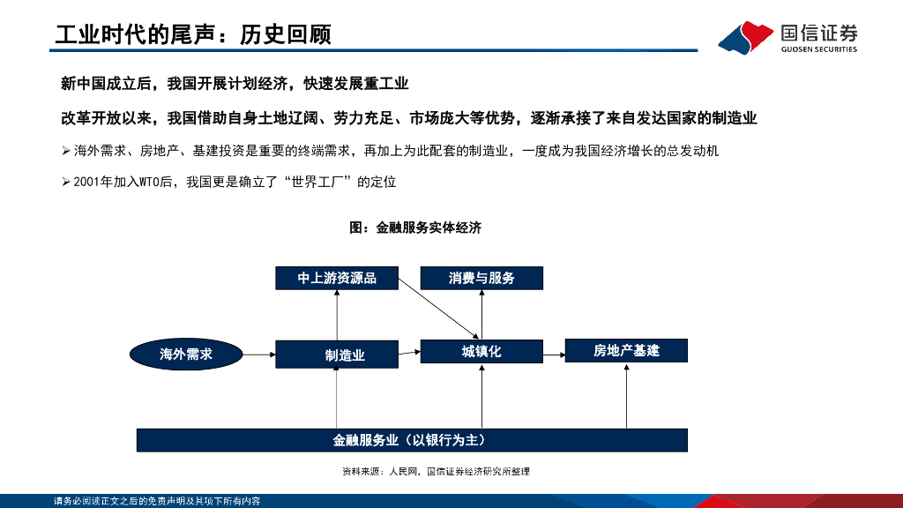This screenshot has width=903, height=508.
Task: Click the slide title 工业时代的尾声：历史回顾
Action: (193, 34)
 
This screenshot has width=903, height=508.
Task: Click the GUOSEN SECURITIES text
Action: (818, 50)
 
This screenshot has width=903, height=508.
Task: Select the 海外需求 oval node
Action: (186, 354)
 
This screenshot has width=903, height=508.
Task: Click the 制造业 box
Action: (337, 355)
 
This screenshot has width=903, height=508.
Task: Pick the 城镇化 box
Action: (481, 351)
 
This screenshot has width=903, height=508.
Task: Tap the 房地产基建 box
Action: (626, 351)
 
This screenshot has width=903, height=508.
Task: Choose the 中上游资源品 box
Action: (337, 278)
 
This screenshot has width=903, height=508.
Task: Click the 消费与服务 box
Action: (481, 278)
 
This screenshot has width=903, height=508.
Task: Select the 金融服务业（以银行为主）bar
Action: (412, 439)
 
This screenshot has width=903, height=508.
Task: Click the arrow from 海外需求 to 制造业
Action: (258, 354)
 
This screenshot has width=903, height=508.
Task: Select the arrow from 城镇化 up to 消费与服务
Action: (481, 314)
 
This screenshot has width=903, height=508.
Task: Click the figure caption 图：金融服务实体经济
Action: (415, 228)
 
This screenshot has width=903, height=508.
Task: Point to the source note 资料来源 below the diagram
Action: (436, 472)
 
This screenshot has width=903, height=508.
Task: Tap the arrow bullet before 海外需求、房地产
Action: (65, 152)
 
